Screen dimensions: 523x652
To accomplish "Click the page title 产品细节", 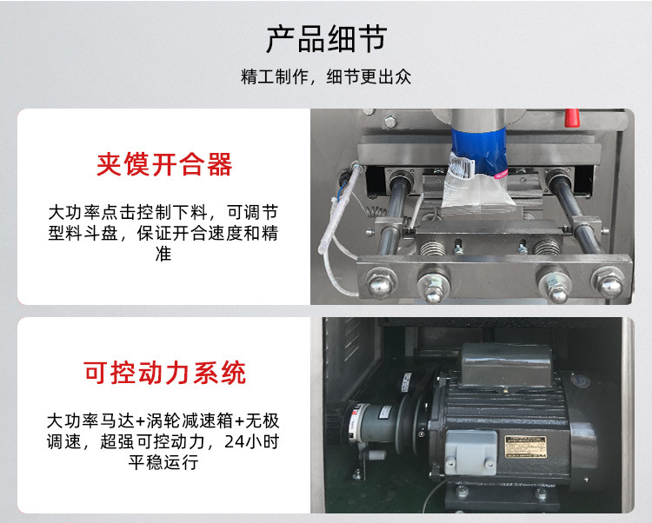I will [x=326, y=38].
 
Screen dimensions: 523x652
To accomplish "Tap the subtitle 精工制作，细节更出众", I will [x=326, y=76].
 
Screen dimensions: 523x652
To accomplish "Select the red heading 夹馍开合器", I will [x=164, y=165].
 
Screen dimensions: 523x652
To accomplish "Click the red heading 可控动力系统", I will [x=164, y=373].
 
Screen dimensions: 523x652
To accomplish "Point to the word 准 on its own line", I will [x=164, y=255].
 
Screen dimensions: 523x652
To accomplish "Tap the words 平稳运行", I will [x=164, y=462].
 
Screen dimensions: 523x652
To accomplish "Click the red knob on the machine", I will [x=571, y=117].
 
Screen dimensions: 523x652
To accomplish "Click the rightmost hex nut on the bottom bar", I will [x=608, y=281].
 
